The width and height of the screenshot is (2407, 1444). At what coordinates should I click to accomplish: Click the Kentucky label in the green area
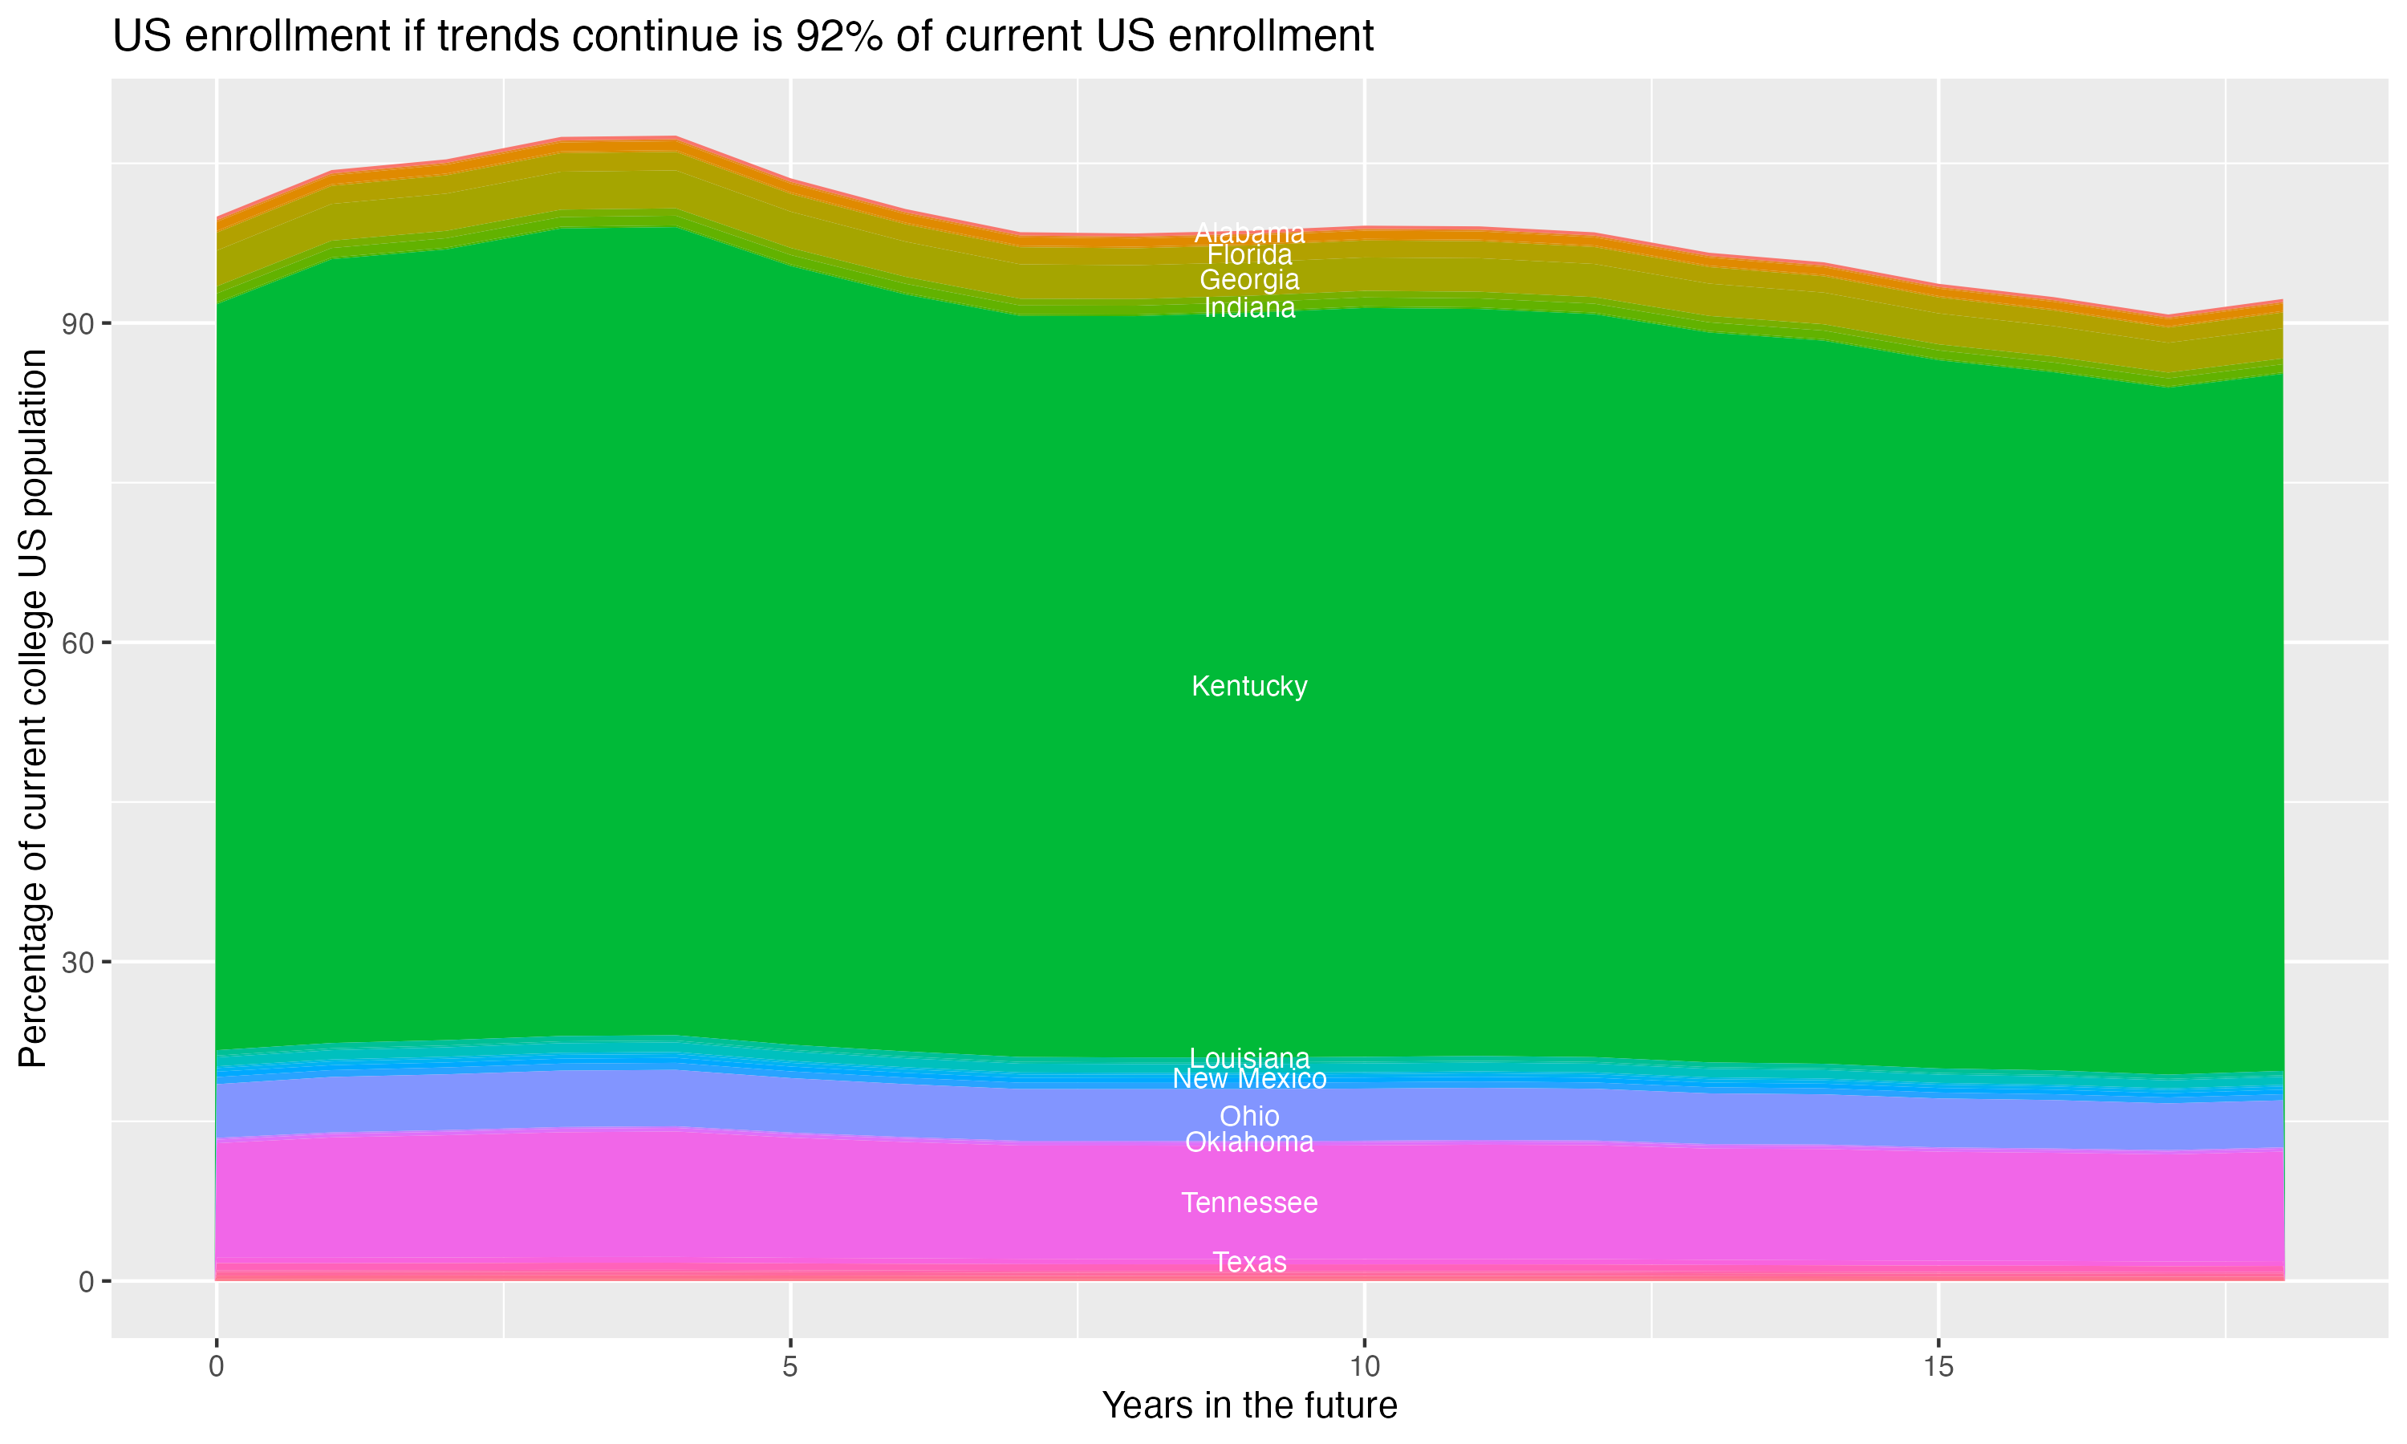click(x=1249, y=686)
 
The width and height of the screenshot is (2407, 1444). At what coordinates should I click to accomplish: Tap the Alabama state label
click(x=1249, y=233)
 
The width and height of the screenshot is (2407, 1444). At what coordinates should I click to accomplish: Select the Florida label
click(x=1249, y=255)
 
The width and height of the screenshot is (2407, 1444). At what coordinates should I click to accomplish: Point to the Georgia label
click(x=1249, y=280)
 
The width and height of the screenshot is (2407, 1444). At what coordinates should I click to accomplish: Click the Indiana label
click(x=1249, y=309)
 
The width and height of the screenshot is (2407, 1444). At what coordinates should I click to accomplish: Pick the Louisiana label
click(x=1249, y=1057)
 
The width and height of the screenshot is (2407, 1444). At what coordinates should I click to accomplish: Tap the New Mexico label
click(x=1249, y=1078)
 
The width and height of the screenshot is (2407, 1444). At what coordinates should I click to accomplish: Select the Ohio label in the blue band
click(x=1249, y=1116)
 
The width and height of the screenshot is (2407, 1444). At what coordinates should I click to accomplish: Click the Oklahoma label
click(x=1249, y=1142)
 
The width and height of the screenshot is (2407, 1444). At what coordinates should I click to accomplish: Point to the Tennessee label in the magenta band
click(x=1249, y=1203)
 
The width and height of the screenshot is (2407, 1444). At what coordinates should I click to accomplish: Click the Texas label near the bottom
click(x=1249, y=1262)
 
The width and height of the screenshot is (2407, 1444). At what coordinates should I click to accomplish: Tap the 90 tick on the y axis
click(x=77, y=323)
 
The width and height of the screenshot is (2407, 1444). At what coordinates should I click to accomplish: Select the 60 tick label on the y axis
click(x=77, y=643)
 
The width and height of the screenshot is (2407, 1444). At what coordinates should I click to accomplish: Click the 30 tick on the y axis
click(x=77, y=963)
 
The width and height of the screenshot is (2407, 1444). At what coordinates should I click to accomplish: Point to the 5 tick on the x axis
click(x=790, y=1366)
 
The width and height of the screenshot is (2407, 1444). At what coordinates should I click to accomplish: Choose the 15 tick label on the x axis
click(x=1938, y=1366)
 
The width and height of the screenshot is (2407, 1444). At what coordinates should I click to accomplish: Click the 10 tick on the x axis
click(x=1364, y=1366)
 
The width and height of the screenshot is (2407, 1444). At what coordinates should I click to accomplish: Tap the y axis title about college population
click(x=33, y=708)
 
